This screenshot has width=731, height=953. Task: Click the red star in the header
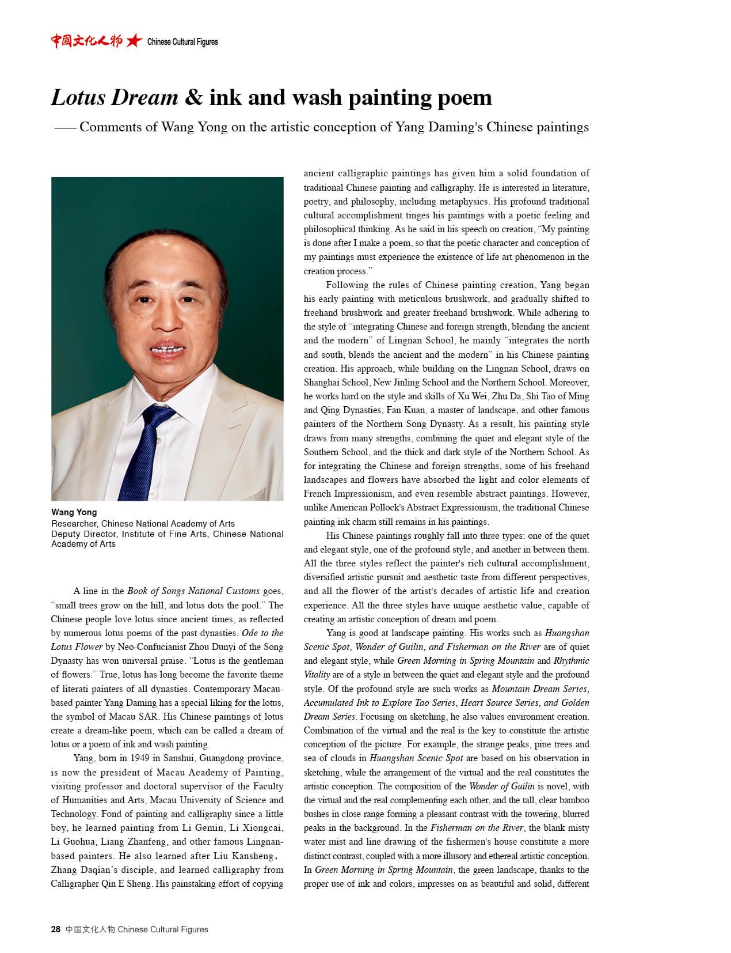pyautogui.click(x=134, y=40)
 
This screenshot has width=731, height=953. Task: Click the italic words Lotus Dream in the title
pyautogui.click(x=115, y=97)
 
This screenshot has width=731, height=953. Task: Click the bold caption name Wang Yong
pyautogui.click(x=74, y=512)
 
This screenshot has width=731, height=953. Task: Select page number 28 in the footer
pyautogui.click(x=55, y=929)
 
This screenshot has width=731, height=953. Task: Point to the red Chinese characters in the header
pyautogui.click(x=86, y=40)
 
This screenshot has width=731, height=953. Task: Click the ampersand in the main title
pyautogui.click(x=193, y=97)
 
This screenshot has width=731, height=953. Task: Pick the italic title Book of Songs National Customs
pyautogui.click(x=193, y=591)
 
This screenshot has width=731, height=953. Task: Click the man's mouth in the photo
pyautogui.click(x=167, y=349)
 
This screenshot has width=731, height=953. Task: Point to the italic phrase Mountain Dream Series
pyautogui.click(x=539, y=689)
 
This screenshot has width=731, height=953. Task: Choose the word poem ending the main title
pyautogui.click(x=465, y=97)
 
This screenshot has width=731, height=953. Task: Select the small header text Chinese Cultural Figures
pyautogui.click(x=182, y=41)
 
